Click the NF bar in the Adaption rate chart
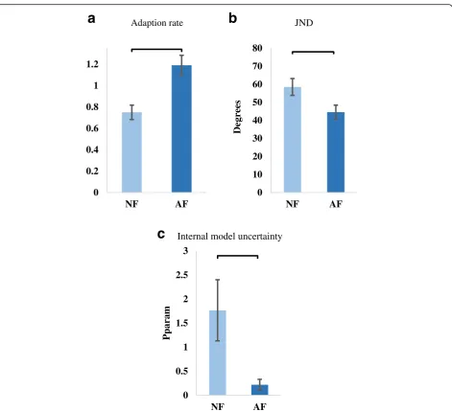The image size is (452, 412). (131, 152)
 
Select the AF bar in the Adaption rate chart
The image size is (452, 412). (181, 128)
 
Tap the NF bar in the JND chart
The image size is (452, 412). (293, 140)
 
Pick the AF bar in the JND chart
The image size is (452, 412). (336, 152)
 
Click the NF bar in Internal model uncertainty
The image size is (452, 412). (218, 353)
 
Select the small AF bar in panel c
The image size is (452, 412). (260, 390)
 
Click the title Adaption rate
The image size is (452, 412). (157, 23)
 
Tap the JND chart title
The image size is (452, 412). (304, 23)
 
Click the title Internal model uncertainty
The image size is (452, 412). (229, 237)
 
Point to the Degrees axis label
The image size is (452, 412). (237, 117)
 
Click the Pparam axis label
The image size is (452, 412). (167, 323)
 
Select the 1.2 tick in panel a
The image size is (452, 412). (92, 64)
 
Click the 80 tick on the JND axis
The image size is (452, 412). (257, 48)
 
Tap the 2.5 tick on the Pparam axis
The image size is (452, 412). (181, 275)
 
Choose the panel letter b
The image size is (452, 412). (233, 18)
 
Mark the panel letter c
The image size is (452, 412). (161, 234)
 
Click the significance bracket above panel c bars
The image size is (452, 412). (238, 256)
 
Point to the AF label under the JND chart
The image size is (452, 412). (336, 204)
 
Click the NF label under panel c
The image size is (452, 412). (218, 406)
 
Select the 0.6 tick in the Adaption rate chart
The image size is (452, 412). (92, 128)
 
